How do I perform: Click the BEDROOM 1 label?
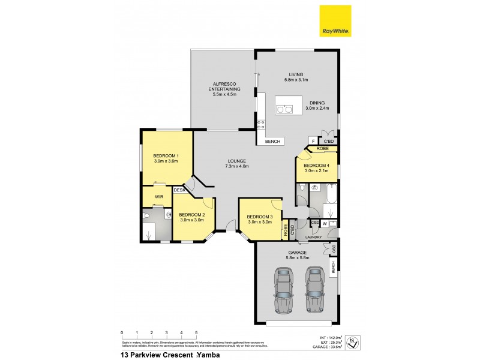[166, 156]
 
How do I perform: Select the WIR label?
[159, 196]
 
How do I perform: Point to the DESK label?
[179, 190]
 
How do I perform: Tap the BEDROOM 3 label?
[260, 216]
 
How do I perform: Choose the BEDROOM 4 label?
[316, 165]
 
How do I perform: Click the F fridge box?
[313, 141]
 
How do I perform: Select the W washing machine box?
[324, 224]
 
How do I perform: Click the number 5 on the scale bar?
[196, 332]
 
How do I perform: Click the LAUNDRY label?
[313, 237]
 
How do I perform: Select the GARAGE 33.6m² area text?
[327, 346]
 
